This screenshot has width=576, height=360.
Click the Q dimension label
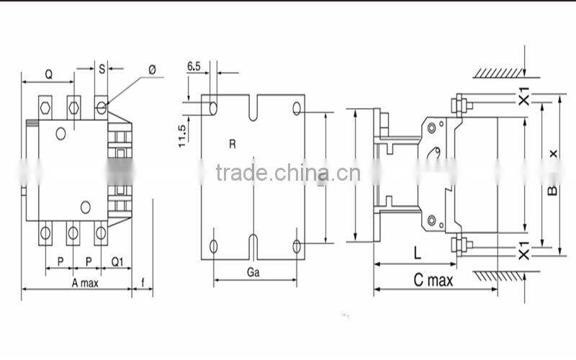[x=48, y=73]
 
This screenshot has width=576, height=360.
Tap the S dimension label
[x=102, y=69]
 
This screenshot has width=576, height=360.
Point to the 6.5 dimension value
[x=194, y=66]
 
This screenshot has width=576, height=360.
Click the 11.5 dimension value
[x=182, y=135]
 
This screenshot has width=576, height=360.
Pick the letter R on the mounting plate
[x=233, y=144]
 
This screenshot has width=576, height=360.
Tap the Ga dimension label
[x=253, y=273]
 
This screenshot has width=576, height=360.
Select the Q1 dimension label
[x=117, y=261]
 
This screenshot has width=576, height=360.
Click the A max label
[x=85, y=282]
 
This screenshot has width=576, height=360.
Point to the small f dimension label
[x=144, y=282]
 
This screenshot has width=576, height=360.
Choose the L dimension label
[x=417, y=252]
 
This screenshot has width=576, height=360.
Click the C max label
[x=433, y=280]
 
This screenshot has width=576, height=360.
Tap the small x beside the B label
[x=553, y=153]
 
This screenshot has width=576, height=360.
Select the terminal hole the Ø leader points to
[x=102, y=108]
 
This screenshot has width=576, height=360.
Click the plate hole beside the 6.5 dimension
[x=213, y=107]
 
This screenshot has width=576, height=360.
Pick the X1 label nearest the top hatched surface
[x=524, y=96]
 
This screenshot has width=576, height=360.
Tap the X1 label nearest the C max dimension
[x=524, y=251]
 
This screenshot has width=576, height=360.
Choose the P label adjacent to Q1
[x=89, y=261]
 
